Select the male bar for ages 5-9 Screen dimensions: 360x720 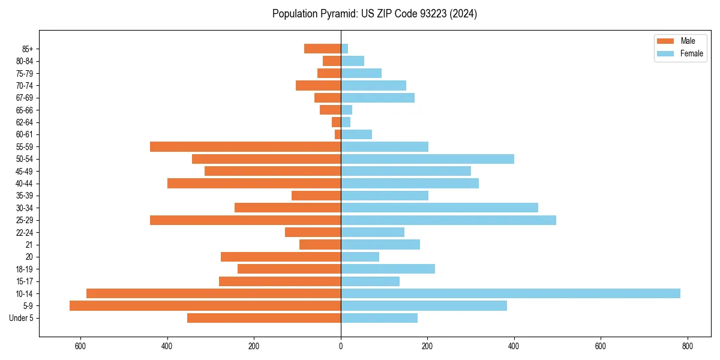pyautogui.click(x=205, y=305)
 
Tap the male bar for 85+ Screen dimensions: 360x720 pyautogui.click(x=322, y=49)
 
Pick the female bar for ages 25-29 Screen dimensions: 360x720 pyautogui.click(x=448, y=220)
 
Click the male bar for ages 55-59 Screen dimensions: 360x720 pyautogui.click(x=245, y=146)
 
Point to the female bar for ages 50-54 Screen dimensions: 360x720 pyautogui.click(x=427, y=159)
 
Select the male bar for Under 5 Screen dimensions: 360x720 pyautogui.click(x=264, y=318)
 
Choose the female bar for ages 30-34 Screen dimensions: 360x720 pyautogui.click(x=439, y=208)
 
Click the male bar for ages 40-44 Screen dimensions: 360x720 pyautogui.click(x=254, y=183)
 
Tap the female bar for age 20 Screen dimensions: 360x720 pyautogui.click(x=360, y=257)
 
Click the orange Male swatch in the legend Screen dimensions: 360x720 pyautogui.click(x=665, y=41)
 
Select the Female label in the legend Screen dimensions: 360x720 pyautogui.click(x=692, y=53)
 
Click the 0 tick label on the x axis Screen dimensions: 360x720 pyautogui.click(x=341, y=346)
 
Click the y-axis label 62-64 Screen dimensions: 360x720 pyautogui.click(x=25, y=122)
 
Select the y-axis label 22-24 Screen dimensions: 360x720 pyautogui.click(x=25, y=232)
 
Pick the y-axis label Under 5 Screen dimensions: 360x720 pyautogui.click(x=22, y=318)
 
